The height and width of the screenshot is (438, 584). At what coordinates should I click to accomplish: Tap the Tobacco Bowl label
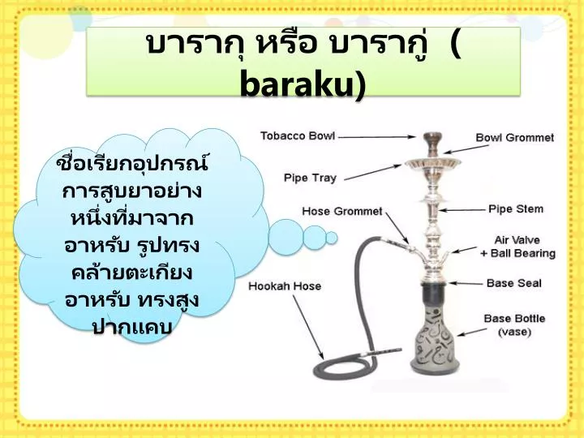pos(298,135)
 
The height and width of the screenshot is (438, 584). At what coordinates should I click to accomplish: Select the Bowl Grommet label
pos(514,138)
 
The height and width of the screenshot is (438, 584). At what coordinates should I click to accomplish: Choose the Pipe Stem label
pos(516,209)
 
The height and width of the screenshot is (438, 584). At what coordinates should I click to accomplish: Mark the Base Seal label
pos(514,284)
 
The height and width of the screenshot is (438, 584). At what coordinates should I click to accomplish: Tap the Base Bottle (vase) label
pos(514,324)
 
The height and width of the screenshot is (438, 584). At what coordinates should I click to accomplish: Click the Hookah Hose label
pos(285,286)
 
